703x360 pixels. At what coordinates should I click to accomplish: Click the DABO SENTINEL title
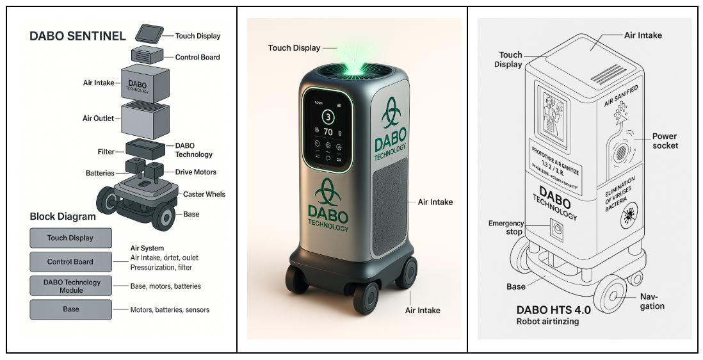[77, 37]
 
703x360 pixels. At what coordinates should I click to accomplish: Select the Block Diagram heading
[63, 217]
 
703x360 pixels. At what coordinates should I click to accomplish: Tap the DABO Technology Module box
[71, 286]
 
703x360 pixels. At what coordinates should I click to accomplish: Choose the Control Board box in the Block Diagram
[70, 261]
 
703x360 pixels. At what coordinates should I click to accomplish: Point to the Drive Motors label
[195, 172]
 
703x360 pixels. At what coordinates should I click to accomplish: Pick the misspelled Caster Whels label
[204, 194]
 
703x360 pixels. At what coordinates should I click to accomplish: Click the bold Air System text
[147, 248]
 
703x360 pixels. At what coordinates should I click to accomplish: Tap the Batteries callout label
[100, 173]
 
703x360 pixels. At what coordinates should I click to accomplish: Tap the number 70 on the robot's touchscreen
[328, 132]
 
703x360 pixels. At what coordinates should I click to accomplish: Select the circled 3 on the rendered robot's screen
[328, 117]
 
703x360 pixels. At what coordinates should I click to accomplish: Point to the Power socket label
[665, 141]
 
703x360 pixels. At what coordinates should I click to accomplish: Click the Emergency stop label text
[506, 227]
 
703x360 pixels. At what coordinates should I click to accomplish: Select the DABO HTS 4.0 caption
[554, 309]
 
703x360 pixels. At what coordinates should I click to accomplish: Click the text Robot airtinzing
[547, 322]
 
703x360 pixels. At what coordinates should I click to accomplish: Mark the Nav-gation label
[652, 302]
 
